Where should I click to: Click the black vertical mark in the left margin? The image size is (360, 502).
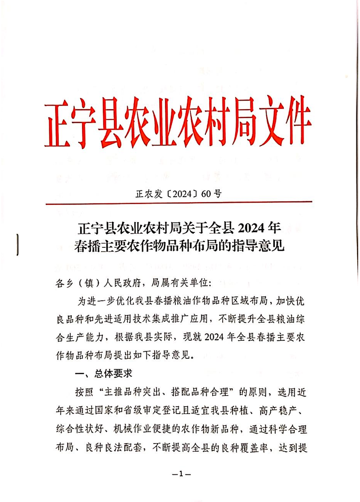pyautogui.click(x=17, y=245)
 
